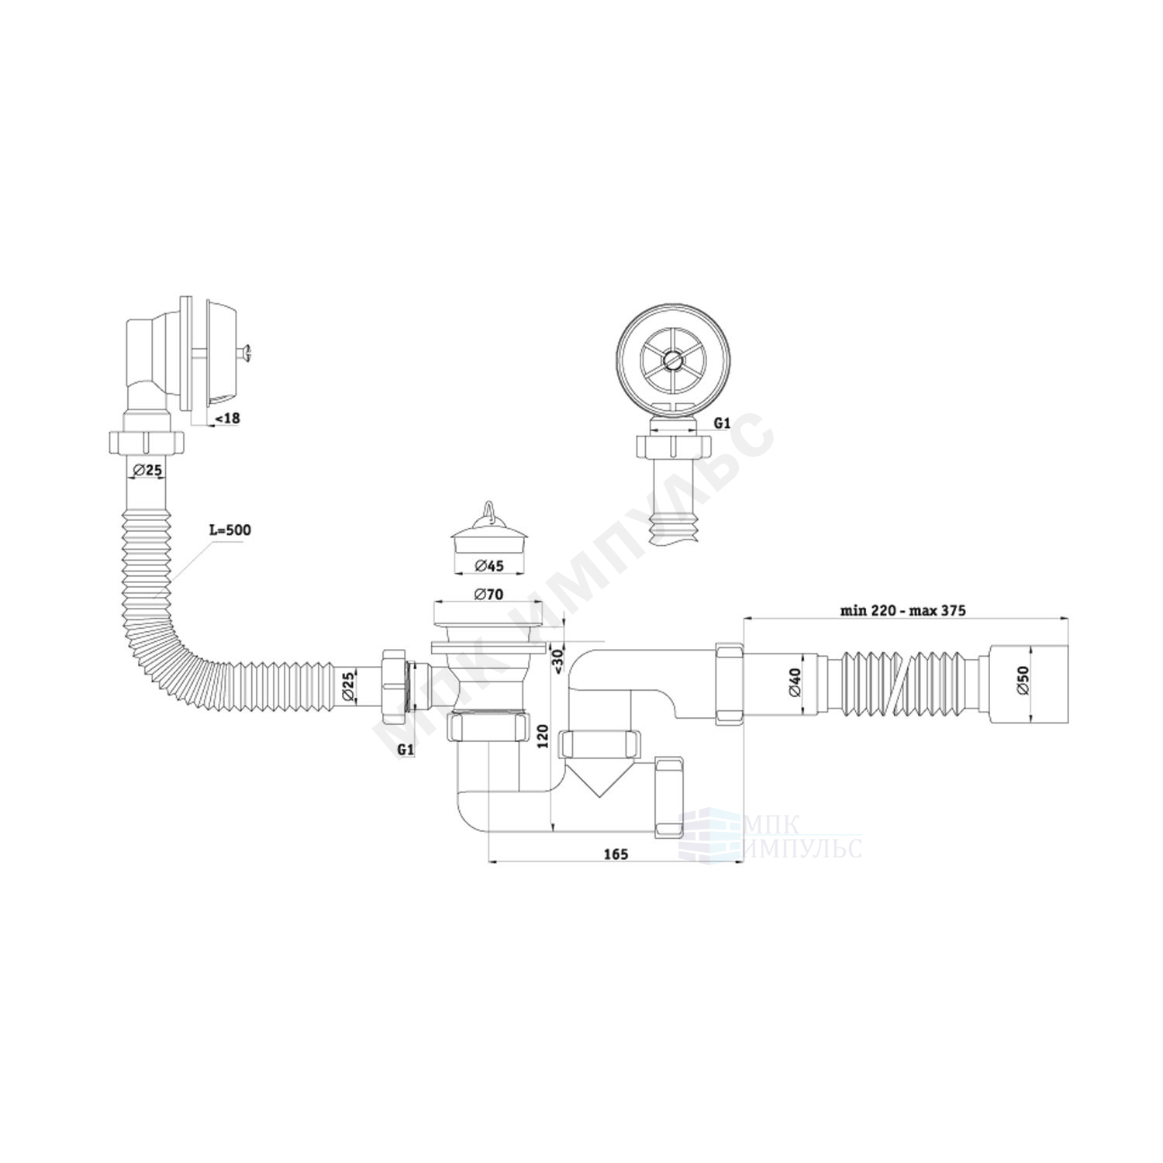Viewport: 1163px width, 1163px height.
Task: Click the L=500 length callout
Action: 229,530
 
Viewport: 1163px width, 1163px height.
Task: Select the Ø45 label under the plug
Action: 488,565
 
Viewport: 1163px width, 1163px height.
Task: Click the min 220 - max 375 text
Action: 902,588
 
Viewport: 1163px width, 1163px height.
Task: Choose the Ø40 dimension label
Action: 795,680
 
